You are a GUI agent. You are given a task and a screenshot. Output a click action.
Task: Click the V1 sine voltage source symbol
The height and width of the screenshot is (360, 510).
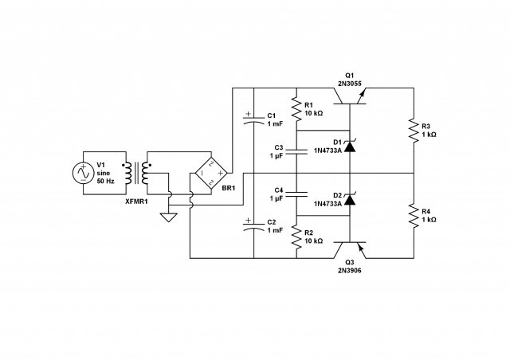(83, 173)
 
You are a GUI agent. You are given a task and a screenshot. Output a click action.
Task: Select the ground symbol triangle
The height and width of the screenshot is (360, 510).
(168, 217)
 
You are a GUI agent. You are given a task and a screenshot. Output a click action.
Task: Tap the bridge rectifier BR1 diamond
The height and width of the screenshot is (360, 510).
(210, 173)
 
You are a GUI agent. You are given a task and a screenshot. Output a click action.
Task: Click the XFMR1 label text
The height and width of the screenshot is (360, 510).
(136, 202)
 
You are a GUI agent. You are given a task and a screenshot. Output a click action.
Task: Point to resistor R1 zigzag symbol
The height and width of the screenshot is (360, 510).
(296, 109)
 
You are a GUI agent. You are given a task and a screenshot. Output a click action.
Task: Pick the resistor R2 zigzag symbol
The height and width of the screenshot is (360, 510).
(296, 237)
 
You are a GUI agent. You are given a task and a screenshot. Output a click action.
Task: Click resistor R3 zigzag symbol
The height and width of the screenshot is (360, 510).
(414, 131)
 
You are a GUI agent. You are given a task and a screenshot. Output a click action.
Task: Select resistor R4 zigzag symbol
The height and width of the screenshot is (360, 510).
(414, 216)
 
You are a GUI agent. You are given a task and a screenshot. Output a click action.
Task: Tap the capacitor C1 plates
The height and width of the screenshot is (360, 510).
(253, 119)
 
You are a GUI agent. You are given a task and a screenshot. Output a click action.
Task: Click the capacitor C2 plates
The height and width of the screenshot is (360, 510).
(253, 226)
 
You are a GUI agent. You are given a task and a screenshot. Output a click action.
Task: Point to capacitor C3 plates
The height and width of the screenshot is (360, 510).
(296, 151)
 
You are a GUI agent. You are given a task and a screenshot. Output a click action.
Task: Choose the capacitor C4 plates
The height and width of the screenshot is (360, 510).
(296, 194)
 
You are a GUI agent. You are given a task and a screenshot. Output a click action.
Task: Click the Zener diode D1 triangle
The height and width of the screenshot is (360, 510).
(350, 147)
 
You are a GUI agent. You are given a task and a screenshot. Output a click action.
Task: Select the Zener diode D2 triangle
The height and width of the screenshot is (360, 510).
(350, 200)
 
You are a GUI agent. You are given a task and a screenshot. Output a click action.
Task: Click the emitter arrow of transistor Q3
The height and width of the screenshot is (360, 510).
(360, 248)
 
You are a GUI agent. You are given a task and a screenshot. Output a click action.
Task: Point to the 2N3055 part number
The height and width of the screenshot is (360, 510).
(349, 84)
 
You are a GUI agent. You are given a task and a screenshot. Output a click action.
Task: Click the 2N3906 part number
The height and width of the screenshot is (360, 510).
(349, 271)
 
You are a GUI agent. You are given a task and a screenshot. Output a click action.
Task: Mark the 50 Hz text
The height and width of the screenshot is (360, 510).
(106, 182)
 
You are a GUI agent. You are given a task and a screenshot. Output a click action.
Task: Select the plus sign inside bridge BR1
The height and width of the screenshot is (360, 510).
(220, 173)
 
